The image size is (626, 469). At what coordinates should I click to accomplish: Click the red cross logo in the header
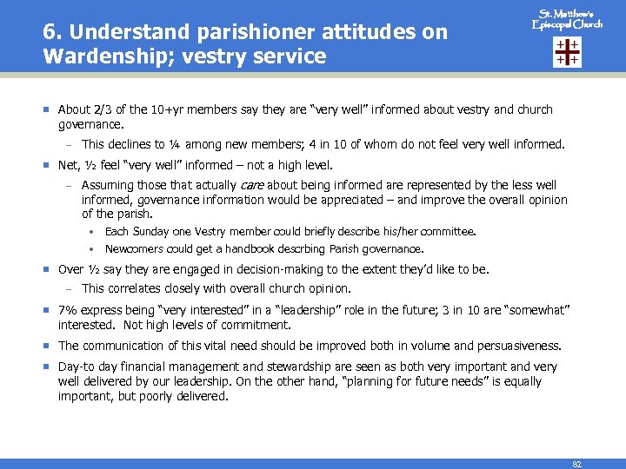[566, 52]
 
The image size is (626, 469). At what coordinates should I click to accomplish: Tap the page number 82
[576, 464]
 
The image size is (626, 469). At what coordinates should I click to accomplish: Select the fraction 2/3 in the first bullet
[103, 109]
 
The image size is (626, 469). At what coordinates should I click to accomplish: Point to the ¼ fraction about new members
[174, 145]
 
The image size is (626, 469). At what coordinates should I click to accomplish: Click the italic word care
[251, 185]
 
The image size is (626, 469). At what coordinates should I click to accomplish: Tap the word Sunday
[149, 232]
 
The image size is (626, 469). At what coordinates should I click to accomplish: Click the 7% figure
[67, 310]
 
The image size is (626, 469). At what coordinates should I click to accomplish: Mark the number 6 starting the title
[49, 33]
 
